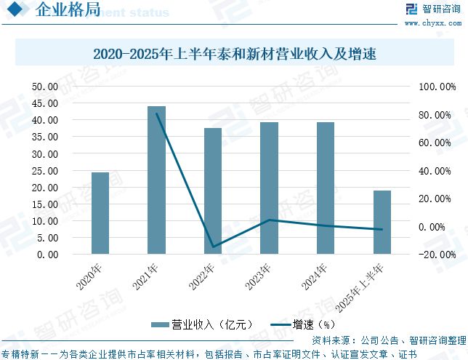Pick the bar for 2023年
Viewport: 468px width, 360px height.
point(270,188)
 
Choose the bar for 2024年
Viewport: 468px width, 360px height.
point(326,188)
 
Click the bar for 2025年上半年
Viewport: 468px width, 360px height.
point(382,223)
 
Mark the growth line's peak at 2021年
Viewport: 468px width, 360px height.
point(156,113)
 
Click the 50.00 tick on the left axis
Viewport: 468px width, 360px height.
point(45,87)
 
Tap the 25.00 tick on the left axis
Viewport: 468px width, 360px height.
point(45,171)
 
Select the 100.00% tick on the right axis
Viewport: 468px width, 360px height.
point(435,87)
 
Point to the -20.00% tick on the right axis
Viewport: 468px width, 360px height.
point(437,255)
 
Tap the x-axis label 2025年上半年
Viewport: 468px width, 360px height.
point(366,285)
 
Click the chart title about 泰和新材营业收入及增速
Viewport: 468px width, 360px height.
point(233,54)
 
